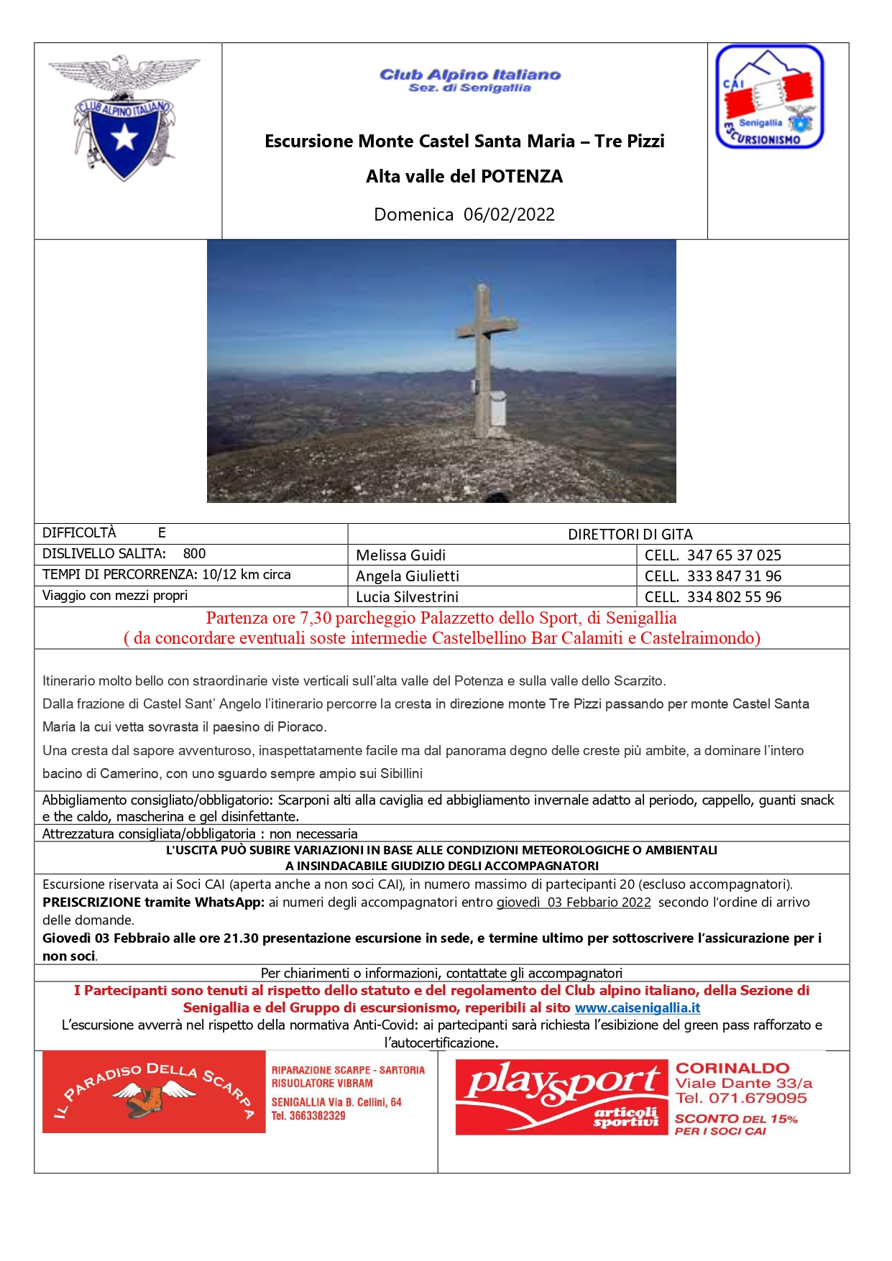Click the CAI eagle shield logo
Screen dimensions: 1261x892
pyautogui.click(x=124, y=117)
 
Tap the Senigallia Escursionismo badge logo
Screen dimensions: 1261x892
pyautogui.click(x=769, y=97)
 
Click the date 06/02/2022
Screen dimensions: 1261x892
pyautogui.click(x=509, y=214)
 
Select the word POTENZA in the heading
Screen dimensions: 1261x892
pyautogui.click(x=522, y=177)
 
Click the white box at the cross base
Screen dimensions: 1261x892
pyautogui.click(x=497, y=408)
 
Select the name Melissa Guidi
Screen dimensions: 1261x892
pyautogui.click(x=400, y=555)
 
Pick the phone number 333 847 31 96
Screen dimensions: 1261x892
pyautogui.click(x=734, y=576)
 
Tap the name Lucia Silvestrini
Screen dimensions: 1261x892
pyautogui.click(x=407, y=597)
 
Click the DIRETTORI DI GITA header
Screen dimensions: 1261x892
pyautogui.click(x=630, y=535)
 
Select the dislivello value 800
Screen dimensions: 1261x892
pyautogui.click(x=194, y=554)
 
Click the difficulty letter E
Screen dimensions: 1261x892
pyautogui.click(x=162, y=533)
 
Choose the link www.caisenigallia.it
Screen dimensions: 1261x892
pyautogui.click(x=637, y=1008)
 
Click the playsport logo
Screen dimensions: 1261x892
pyautogui.click(x=561, y=1096)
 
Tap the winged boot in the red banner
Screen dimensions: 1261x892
pyautogui.click(x=154, y=1098)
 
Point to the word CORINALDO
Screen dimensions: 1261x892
pyautogui.click(x=732, y=1068)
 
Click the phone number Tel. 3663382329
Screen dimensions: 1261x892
pyautogui.click(x=308, y=1116)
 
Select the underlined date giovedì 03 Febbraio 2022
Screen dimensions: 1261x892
pyautogui.click(x=574, y=902)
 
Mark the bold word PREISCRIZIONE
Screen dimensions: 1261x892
pyautogui.click(x=91, y=902)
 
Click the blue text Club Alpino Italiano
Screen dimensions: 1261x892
pyautogui.click(x=470, y=75)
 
